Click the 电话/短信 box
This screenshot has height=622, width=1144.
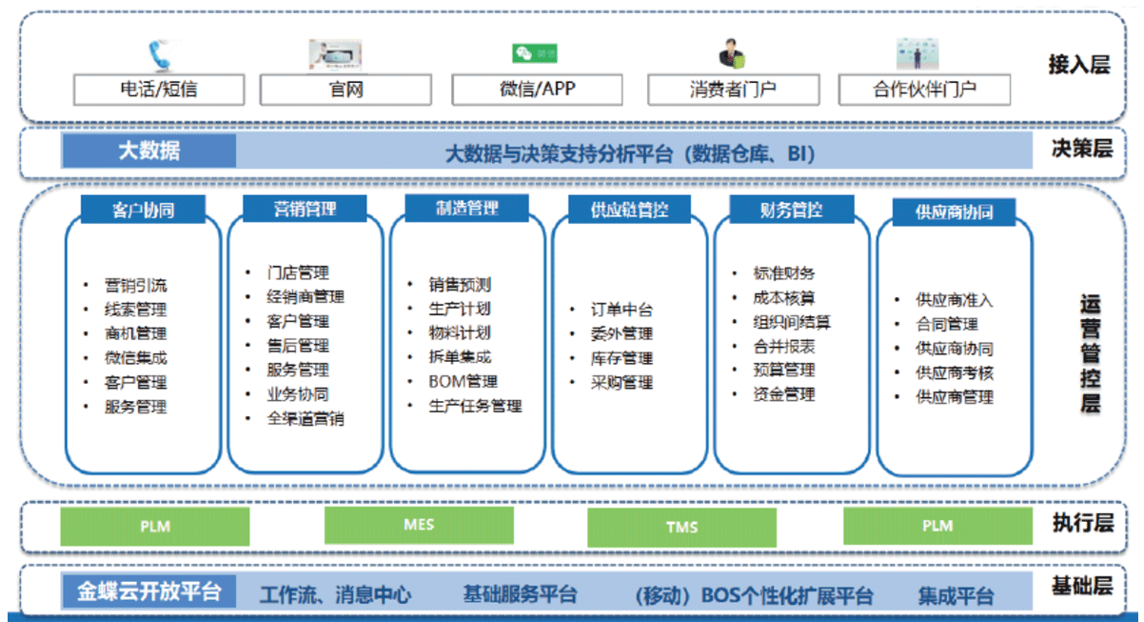pos(159,90)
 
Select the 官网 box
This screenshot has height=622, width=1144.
pos(345,90)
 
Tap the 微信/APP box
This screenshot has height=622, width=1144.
pos(538,90)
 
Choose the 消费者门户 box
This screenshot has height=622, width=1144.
pos(734,90)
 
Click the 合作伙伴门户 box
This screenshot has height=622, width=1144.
pos(924,90)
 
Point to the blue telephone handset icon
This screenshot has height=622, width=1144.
pos(160,56)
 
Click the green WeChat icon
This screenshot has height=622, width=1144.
pos(535,53)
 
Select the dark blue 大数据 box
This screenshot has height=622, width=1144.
pos(149,150)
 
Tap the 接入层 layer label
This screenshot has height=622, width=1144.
pos(1079,65)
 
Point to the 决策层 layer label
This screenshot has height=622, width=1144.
pos(1082,149)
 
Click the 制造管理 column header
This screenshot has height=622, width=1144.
pos(466,209)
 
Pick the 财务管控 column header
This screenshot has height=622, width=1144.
pos(792,210)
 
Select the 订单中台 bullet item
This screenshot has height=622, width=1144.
pos(621,310)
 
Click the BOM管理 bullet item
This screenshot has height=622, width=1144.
pos(463,381)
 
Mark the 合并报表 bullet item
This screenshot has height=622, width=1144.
pos(784,347)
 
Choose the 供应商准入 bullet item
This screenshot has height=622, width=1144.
pos(954,299)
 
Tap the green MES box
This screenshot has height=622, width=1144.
pos(419,525)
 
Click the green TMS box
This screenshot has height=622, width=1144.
pos(681,527)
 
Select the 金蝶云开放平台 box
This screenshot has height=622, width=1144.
pos(149,592)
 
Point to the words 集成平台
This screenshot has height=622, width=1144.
pos(956,596)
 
